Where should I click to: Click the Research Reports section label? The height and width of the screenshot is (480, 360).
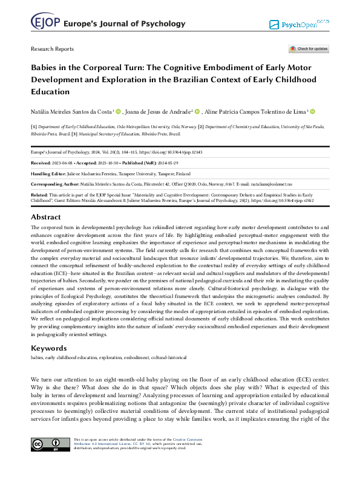click(x=52, y=49)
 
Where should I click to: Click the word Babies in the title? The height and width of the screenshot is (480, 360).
click(x=46, y=68)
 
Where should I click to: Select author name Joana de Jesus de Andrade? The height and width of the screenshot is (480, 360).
click(x=159, y=111)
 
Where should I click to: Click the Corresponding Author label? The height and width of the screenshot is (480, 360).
click(x=56, y=184)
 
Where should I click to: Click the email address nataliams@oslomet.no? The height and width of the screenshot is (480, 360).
click(x=271, y=184)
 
